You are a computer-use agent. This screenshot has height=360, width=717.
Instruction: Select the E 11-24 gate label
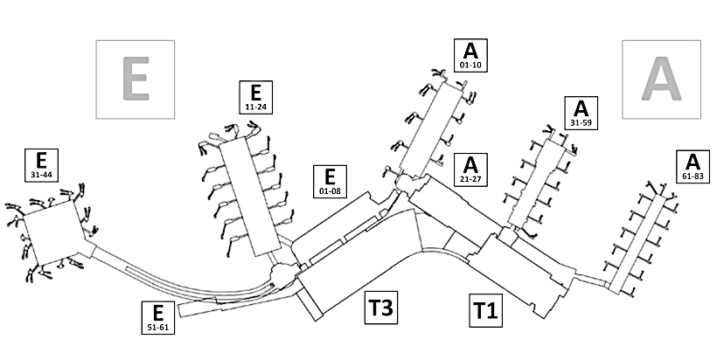click(255, 97)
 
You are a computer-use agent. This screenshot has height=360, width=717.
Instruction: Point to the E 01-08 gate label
click(330, 183)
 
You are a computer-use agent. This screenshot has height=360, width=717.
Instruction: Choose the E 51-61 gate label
click(157, 317)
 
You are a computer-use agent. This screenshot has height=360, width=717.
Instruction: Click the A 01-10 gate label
click(470, 55)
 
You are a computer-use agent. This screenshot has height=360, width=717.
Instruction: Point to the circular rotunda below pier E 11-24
click(284, 276)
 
